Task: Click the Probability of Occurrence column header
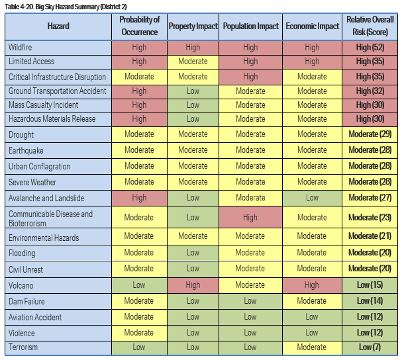pyautogui.click(x=139, y=26)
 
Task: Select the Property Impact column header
pyautogui.click(x=193, y=26)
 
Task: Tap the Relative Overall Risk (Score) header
pyautogui.click(x=370, y=26)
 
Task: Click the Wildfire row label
pyautogui.click(x=21, y=47)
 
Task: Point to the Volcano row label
pyautogui.click(x=21, y=285)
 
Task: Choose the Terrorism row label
pyautogui.click(x=23, y=347)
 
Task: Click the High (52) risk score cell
pyautogui.click(x=370, y=47)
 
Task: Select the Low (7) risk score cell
pyautogui.click(x=370, y=347)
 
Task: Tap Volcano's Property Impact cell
pyautogui.click(x=193, y=285)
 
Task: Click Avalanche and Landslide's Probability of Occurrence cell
pyautogui.click(x=139, y=197)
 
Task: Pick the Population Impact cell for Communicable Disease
pyautogui.click(x=250, y=217)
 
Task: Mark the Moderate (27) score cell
pyautogui.click(x=370, y=197)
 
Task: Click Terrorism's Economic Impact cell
pyautogui.click(x=312, y=347)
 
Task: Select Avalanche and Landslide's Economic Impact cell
pyautogui.click(x=312, y=197)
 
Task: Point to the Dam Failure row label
pyautogui.click(x=26, y=301)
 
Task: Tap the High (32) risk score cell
pyautogui.click(x=370, y=91)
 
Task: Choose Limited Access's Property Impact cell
pyautogui.click(x=193, y=62)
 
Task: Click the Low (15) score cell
pyautogui.click(x=370, y=285)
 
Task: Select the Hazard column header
pyautogui.click(x=58, y=26)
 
